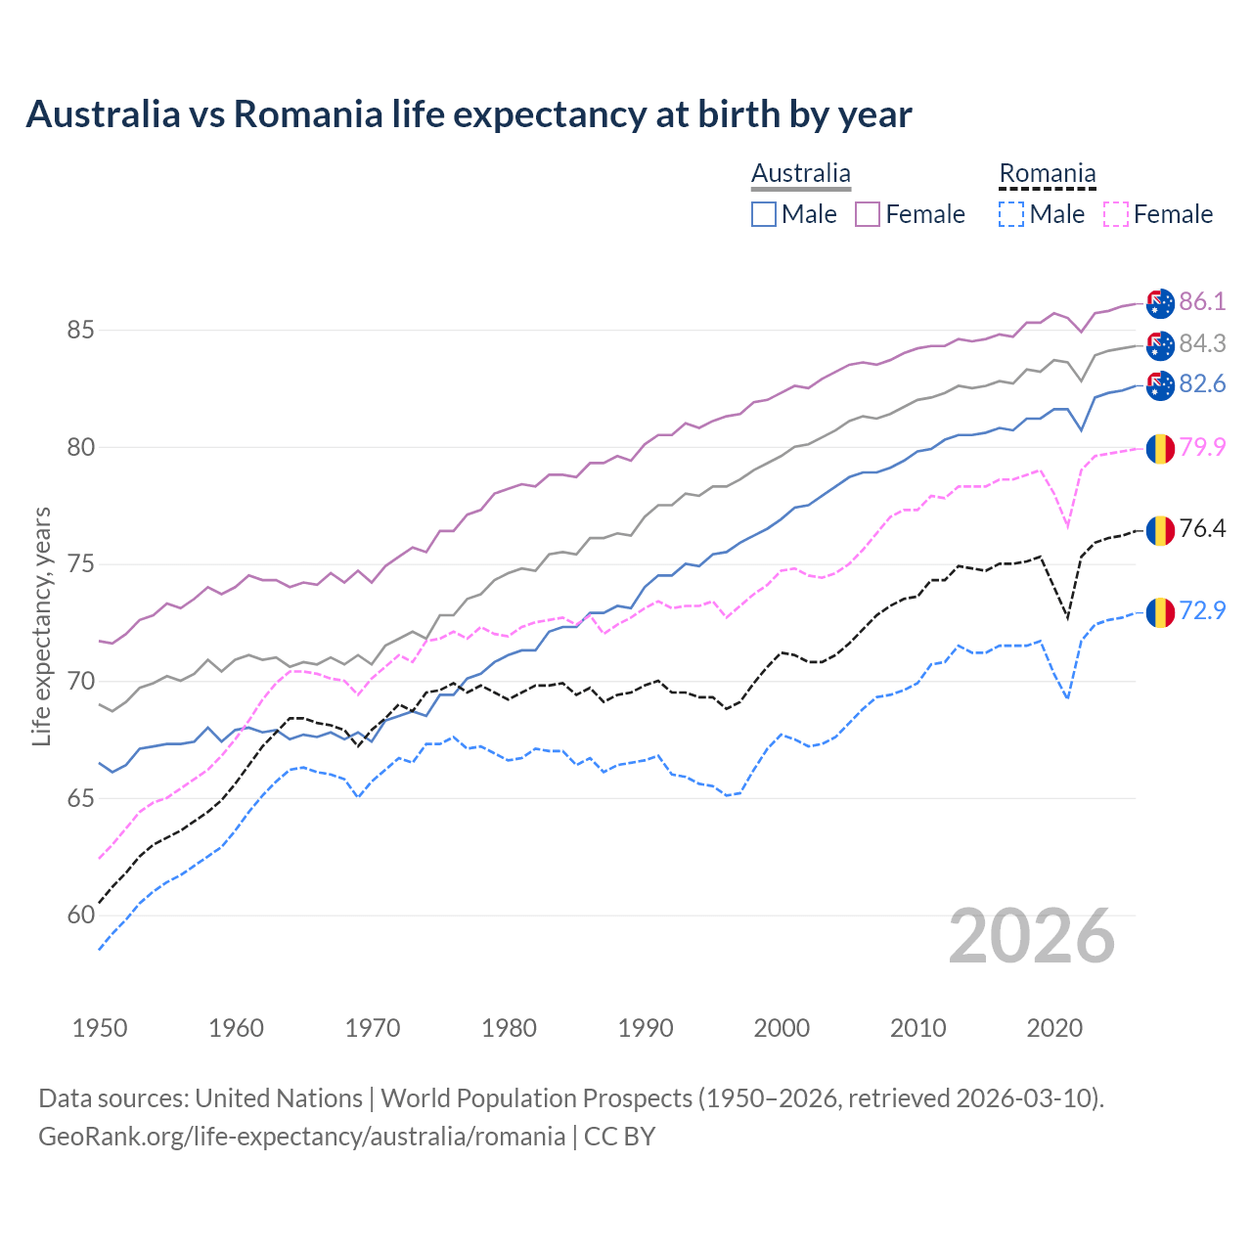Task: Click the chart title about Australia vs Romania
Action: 469,114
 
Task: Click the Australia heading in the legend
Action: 800,173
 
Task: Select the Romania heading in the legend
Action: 1047,173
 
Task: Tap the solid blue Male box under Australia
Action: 764,214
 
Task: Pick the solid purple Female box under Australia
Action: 868,214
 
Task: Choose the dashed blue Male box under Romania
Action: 1011,214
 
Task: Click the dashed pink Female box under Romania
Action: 1116,214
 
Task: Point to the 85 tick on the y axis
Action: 80,331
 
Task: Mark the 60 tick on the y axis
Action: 80,916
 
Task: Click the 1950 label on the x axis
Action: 100,1028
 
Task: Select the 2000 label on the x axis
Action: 782,1028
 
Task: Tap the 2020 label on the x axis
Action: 1054,1028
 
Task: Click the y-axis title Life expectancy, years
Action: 41,626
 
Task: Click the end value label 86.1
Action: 1202,301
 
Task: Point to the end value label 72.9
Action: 1202,610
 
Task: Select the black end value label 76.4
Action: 1202,529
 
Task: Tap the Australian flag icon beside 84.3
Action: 1160,344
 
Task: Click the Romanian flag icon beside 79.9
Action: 1160,448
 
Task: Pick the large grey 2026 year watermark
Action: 1032,936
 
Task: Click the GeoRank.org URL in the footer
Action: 301,1137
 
